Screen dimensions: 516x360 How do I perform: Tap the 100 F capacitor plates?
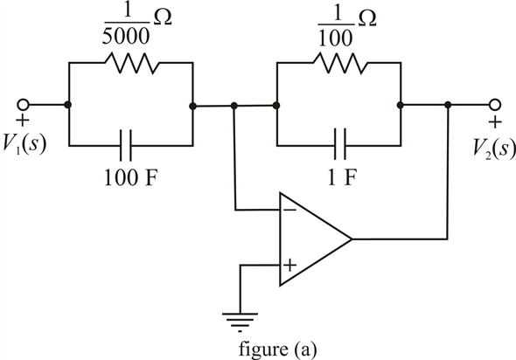pos(125,145)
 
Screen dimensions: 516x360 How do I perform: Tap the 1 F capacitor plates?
pos(340,144)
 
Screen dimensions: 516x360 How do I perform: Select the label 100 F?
pos(129,178)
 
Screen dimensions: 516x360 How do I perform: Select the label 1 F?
pos(342,177)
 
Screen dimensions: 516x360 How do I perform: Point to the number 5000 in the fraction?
pos(126,36)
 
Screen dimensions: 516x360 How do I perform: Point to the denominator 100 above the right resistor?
pos(336,38)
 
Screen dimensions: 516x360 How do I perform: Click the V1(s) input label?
pos(24,145)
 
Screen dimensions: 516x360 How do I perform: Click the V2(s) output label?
pos(493,148)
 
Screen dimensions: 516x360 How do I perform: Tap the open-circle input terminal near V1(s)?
pos(23,105)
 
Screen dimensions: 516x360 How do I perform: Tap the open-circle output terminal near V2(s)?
pos(495,105)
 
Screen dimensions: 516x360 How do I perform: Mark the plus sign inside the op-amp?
pos(289,265)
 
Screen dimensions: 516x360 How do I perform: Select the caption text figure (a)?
pos(277,350)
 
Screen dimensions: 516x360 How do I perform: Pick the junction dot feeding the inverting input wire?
pos(234,106)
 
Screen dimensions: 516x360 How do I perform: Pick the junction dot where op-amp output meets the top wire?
pos(448,105)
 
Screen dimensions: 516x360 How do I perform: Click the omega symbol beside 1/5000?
pos(162,19)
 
